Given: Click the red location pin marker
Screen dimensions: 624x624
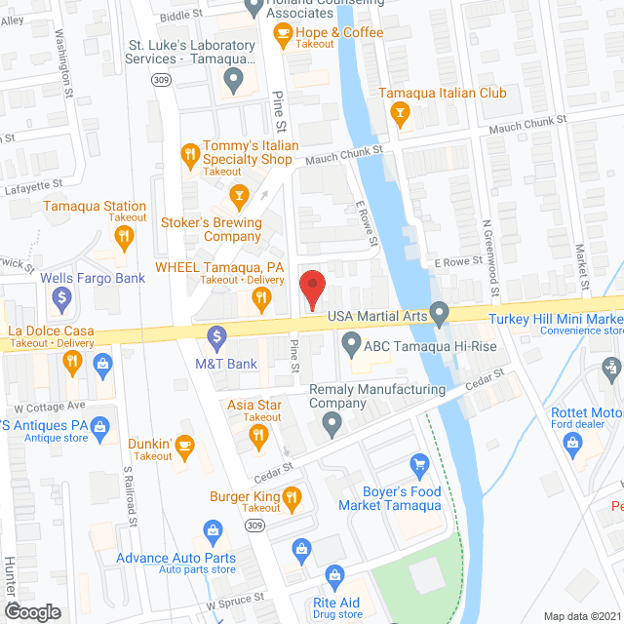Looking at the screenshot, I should (x=311, y=290).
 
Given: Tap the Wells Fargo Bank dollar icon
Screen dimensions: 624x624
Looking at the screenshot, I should (x=62, y=297).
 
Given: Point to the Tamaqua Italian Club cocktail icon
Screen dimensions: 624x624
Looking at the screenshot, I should (x=398, y=113).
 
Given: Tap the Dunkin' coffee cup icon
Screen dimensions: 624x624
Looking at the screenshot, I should (x=183, y=448).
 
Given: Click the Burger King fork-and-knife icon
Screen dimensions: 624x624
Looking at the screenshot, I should (x=292, y=501).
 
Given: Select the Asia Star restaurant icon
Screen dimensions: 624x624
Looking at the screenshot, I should (x=258, y=437).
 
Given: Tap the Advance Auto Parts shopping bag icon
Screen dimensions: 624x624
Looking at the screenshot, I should (x=211, y=531).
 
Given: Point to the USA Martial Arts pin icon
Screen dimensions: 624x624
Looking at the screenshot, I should (x=440, y=315).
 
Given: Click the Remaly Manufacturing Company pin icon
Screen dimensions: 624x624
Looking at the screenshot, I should (x=332, y=424).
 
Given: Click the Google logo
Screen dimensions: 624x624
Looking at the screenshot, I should (x=31, y=611).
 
